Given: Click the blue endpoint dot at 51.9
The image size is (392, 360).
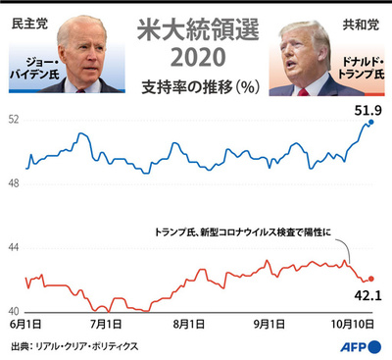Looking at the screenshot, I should pyautogui.click(x=369, y=123).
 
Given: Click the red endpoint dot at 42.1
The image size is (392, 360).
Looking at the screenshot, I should pyautogui.click(x=370, y=279).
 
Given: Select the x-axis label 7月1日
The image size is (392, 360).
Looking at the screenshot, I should pyautogui.click(x=105, y=324).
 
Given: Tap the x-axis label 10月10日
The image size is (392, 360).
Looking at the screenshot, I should pyautogui.click(x=352, y=324).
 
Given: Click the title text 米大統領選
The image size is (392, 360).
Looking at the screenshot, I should pyautogui.click(x=195, y=26).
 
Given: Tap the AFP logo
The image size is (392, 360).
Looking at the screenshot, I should pyautogui.click(x=361, y=346).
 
